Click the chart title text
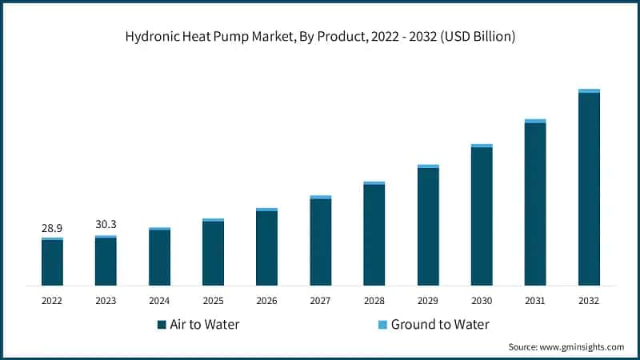pyautogui.click(x=319, y=36)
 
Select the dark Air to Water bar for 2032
pyautogui.click(x=589, y=190)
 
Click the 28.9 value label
pyautogui.click(x=52, y=229)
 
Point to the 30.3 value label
pyautogui.click(x=106, y=226)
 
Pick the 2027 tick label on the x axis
pyautogui.click(x=320, y=301)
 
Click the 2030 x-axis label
pyautogui.click(x=481, y=301)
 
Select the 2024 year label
pyautogui.click(x=159, y=301)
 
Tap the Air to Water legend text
pyautogui.click(x=203, y=324)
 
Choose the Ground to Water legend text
pyautogui.click(x=440, y=324)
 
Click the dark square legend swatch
pyautogui.click(x=162, y=325)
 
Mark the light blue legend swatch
pyautogui.click(x=382, y=325)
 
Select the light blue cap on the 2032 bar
pyautogui.click(x=589, y=91)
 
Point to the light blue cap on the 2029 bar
pyautogui.click(x=428, y=166)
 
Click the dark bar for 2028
pyautogui.click(x=374, y=235)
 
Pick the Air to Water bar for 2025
pyautogui.click(x=213, y=254)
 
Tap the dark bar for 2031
pyautogui.click(x=535, y=205)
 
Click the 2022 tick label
pyautogui.click(x=52, y=301)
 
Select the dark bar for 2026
pyautogui.click(x=266, y=248)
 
